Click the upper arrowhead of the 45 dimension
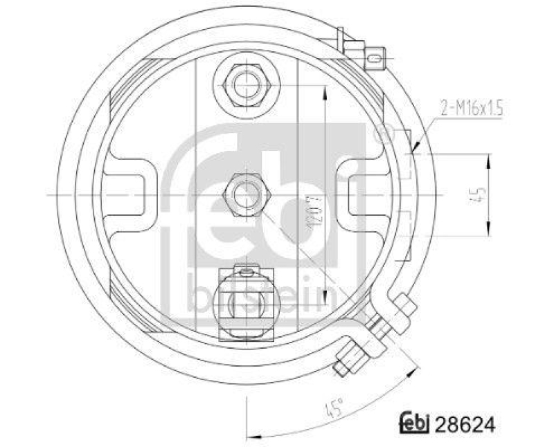489,158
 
